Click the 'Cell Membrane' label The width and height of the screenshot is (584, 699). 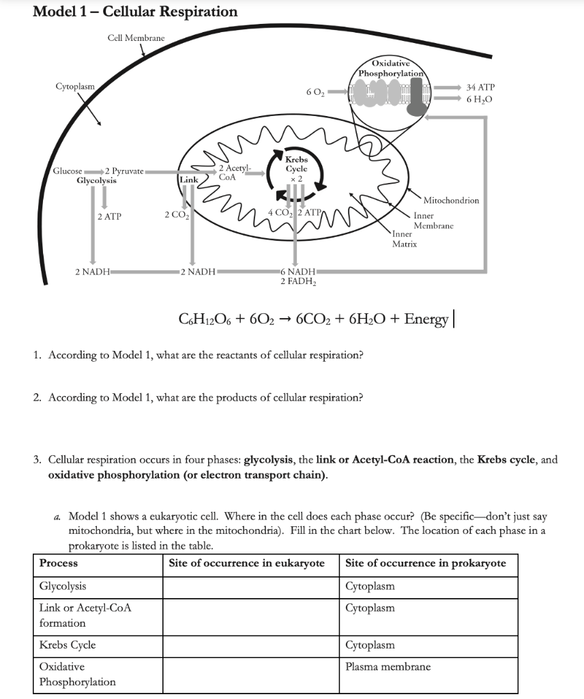136,38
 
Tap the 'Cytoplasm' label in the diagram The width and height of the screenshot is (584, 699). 75,87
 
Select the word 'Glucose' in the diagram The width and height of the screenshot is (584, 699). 68,171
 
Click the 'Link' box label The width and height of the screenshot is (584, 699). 188,179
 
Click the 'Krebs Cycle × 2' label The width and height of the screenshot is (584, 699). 296,167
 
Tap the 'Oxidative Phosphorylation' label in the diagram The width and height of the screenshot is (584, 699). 392,68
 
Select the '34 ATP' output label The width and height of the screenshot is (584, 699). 481,87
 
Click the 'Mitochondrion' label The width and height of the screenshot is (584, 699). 451,201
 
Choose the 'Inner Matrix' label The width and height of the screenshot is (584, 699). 405,238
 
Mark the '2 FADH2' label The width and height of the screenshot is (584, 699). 297,281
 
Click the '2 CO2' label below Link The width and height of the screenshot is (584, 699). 176,216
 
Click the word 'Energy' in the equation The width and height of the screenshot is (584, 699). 426,319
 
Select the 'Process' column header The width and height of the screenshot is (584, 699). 59,563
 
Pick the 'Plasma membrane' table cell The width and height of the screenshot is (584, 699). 388,667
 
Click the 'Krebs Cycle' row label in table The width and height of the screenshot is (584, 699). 68,645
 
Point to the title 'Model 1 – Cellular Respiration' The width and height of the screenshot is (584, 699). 135,12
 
